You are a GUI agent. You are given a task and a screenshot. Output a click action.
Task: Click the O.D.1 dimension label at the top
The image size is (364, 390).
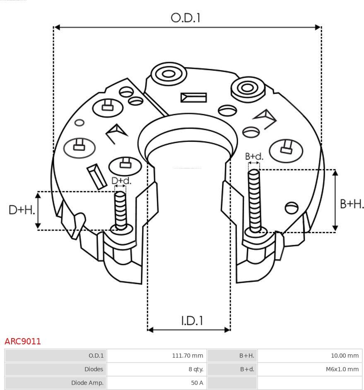pyautogui.click(x=186, y=18)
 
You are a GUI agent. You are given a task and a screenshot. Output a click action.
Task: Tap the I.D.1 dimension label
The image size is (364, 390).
pyautogui.click(x=192, y=320)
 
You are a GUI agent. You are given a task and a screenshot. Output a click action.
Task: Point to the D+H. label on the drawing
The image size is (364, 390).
pyautogui.click(x=22, y=210)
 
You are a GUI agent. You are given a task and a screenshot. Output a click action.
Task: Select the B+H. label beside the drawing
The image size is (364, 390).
pyautogui.click(x=352, y=204)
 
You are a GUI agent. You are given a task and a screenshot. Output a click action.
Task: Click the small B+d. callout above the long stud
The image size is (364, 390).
pyautogui.click(x=254, y=156)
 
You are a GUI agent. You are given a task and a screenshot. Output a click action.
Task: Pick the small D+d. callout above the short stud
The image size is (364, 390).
pyautogui.click(x=121, y=181)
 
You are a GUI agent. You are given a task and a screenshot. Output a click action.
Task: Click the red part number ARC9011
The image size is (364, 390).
pyautogui.click(x=23, y=341)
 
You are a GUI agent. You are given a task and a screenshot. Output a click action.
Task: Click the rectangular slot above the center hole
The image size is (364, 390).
pyautogui.click(x=193, y=98)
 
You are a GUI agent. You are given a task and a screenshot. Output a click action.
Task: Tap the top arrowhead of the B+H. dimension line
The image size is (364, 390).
pyautogui.click(x=335, y=172)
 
